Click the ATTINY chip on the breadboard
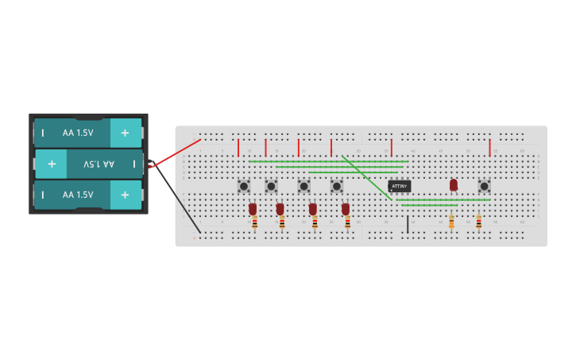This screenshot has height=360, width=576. point(399,186)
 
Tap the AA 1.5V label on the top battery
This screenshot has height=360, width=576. point(78,133)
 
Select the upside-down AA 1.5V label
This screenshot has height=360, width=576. point(99,164)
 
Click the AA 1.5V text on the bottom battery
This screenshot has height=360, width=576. point(78,195)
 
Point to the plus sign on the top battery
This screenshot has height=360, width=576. point(125,133)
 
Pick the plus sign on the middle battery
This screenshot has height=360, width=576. point(52,164)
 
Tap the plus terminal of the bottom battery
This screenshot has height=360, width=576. point(125,195)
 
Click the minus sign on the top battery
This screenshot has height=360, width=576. point(43,133)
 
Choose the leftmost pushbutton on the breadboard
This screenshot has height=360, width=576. point(244,186)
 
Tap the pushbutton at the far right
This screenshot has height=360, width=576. point(484,186)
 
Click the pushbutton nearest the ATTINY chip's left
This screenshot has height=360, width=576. point(337,186)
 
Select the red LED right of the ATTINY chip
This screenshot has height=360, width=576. point(454,184)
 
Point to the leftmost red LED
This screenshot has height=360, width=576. point(253,208)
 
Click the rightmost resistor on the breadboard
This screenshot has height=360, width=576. point(478,223)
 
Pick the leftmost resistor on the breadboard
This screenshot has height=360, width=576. point(254,223)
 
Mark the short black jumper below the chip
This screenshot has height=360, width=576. point(408,223)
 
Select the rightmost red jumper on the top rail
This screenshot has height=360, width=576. point(489,147)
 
